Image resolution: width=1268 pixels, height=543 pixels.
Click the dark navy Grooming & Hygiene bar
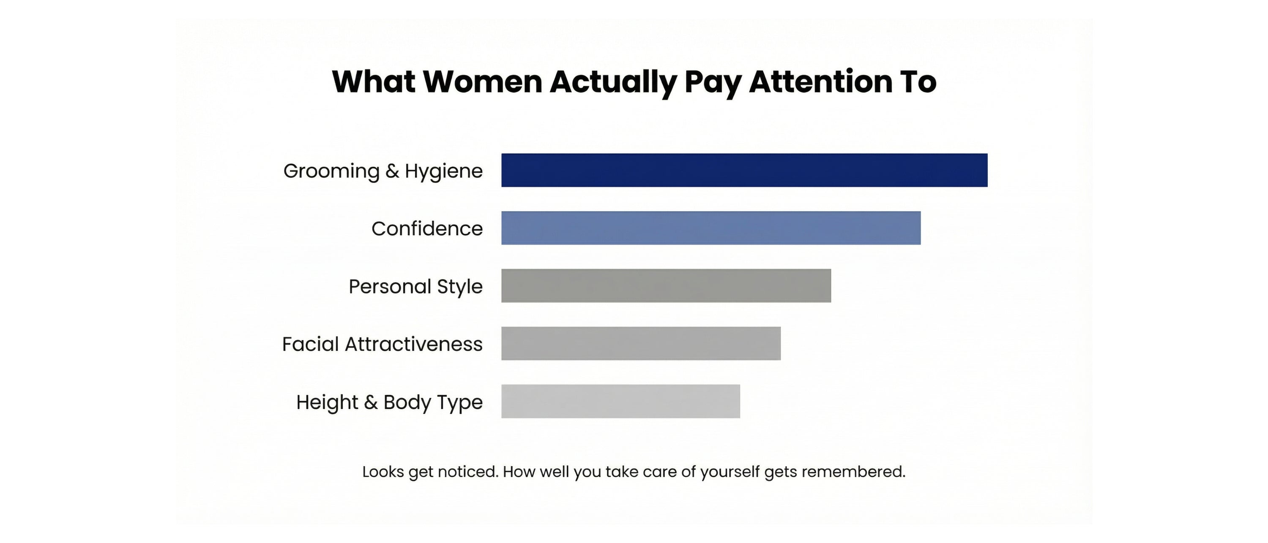coord(744,170)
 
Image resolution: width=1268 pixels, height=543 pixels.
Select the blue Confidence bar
coord(711,228)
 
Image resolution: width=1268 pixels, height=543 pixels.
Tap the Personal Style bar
coord(666,286)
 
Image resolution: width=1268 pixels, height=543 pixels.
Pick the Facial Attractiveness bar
coord(641,343)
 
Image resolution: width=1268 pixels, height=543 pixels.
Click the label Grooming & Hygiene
coord(383,171)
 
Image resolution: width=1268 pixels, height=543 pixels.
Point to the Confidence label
coord(427,229)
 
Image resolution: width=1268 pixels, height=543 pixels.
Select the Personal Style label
coord(415,286)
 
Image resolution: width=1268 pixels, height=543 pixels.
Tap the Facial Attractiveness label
coord(382,344)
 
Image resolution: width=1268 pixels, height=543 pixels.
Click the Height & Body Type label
coord(389,402)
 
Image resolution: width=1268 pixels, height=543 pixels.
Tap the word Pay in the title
coord(713,83)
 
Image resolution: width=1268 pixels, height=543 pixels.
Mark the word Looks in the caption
coord(383,472)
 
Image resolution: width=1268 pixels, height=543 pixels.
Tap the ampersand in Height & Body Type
coord(371,402)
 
